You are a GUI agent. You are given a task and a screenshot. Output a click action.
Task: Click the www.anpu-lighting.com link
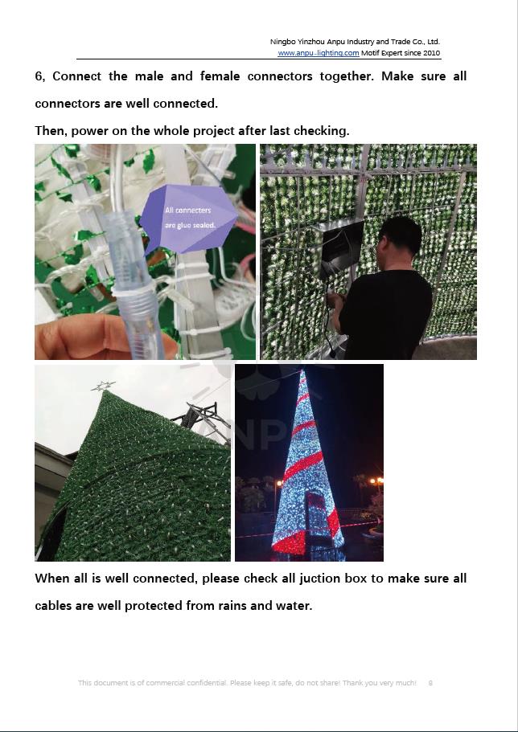[x=319, y=53]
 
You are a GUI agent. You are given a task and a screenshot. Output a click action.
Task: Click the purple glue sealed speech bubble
[x=188, y=219]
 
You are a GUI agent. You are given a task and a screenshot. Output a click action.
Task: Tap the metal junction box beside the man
[x=342, y=247]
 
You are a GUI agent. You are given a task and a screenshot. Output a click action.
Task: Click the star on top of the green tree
[x=103, y=386]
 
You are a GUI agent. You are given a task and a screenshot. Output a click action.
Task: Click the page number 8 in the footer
[x=430, y=683]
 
